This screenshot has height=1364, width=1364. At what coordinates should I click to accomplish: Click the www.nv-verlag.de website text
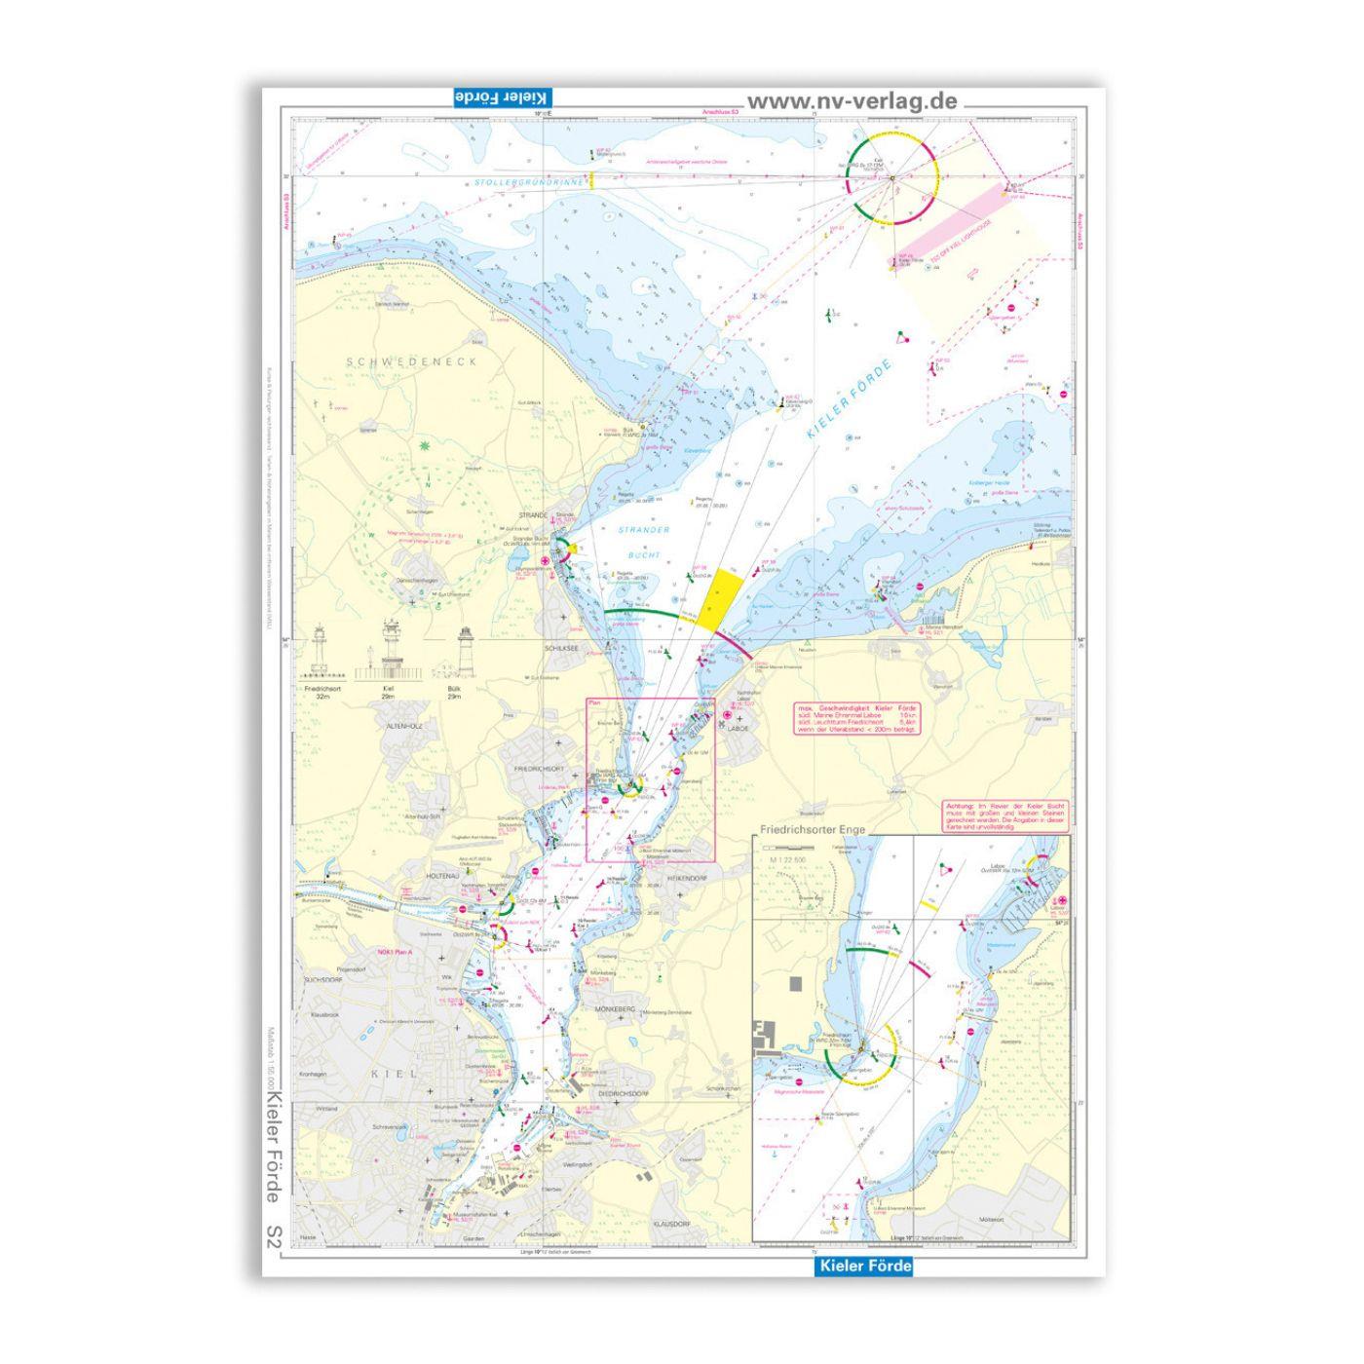point(852,101)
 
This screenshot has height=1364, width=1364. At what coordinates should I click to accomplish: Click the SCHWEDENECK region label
point(412,361)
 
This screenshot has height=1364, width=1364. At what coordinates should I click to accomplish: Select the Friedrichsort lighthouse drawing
point(318,653)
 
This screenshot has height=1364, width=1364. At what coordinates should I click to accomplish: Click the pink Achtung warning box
point(1004,815)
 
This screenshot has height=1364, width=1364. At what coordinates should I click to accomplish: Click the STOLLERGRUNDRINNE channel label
point(529,182)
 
